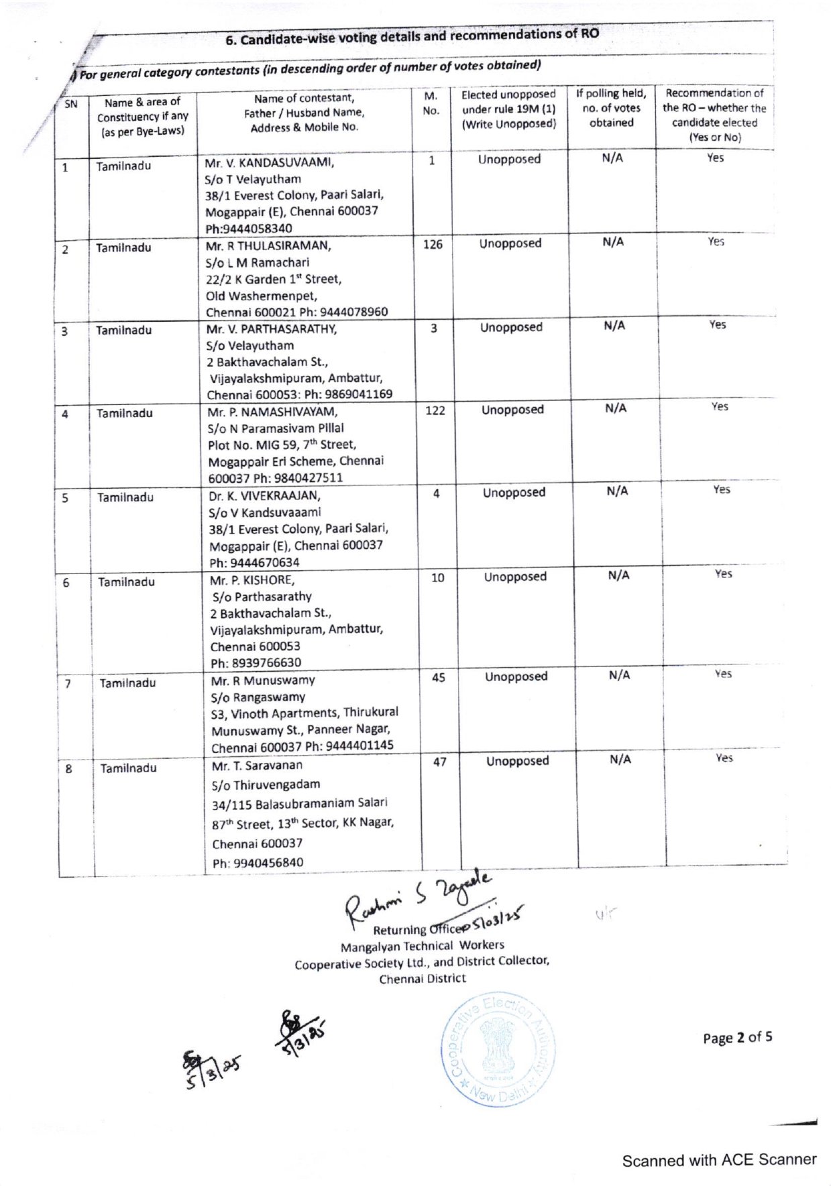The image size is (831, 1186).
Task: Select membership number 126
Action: tap(433, 245)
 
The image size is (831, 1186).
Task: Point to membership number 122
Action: tap(435, 410)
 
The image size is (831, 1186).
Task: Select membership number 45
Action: tap(439, 678)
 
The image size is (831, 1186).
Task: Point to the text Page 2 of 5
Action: tap(737, 1038)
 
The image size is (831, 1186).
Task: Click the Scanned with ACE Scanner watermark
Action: tap(719, 1160)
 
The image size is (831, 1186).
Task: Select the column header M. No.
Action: tap(431, 104)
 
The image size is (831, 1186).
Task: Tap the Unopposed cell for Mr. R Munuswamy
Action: tap(516, 677)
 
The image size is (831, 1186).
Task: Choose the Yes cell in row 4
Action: tap(720, 407)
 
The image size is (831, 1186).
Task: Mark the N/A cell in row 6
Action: tap(618, 575)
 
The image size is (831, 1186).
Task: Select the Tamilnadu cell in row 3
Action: tap(123, 331)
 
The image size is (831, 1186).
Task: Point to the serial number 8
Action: tap(68, 769)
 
